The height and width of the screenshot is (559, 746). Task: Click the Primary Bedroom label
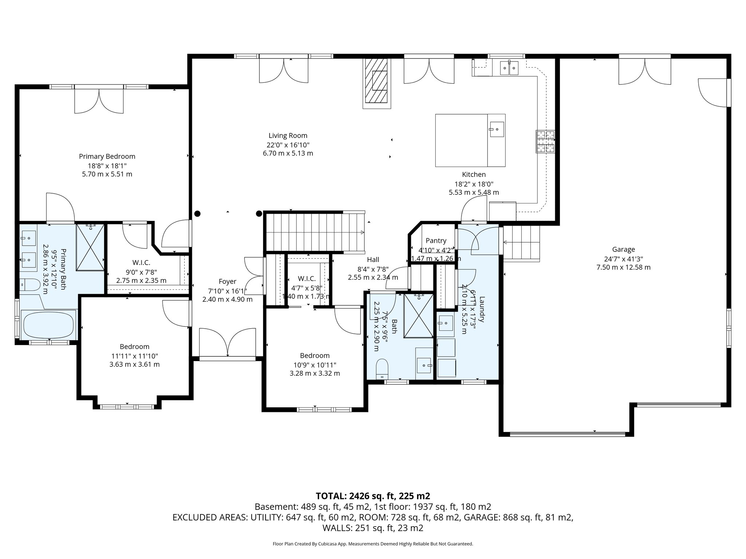pos(107,156)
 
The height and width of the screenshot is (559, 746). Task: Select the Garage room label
pos(623,249)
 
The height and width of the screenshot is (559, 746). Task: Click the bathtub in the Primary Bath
pos(48,324)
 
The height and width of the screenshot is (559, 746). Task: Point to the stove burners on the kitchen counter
pos(545,142)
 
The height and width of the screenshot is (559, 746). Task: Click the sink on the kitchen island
pos(497,129)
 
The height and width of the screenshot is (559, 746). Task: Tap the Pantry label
pos(436,241)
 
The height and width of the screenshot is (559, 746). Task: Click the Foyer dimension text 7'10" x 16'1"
pos(227,291)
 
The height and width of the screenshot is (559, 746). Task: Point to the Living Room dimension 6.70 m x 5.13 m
pos(288,153)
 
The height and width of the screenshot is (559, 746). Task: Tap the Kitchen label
pos(474,175)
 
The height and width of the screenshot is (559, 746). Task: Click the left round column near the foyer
pos(197,214)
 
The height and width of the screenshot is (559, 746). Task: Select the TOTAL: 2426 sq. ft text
pos(373,496)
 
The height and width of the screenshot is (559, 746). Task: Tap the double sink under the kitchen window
pos(509,68)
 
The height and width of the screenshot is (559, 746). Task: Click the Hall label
pos(373,259)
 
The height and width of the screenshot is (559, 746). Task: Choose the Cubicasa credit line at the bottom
pos(373,544)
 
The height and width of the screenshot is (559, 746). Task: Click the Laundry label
pos(482,309)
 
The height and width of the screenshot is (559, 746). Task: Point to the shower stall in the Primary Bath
pos(90,247)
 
